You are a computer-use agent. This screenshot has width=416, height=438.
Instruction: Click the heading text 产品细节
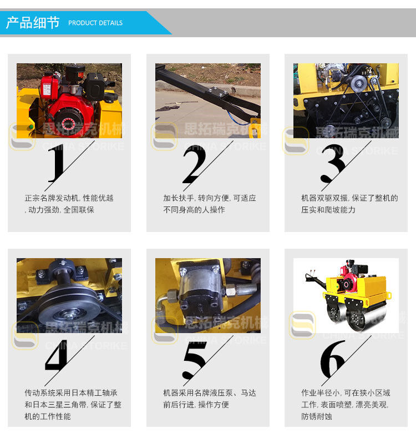click(33, 23)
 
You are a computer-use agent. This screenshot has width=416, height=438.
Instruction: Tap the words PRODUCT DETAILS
click(95, 23)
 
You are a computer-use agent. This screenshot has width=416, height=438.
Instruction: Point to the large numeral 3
click(332, 163)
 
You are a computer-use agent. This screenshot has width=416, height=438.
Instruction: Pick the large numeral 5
click(195, 359)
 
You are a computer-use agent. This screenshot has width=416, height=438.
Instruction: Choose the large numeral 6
click(332, 359)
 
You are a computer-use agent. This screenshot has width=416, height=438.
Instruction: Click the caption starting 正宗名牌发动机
click(69, 204)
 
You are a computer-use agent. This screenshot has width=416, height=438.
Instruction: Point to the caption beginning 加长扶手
click(210, 204)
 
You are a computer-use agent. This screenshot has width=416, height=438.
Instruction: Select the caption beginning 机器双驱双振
click(349, 204)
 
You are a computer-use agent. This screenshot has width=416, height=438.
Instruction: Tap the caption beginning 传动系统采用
click(73, 405)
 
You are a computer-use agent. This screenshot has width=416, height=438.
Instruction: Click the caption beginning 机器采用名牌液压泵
click(210, 399)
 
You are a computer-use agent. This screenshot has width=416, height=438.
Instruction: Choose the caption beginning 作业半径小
click(346, 405)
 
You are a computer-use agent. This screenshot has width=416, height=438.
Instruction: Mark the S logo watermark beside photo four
click(25, 335)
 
